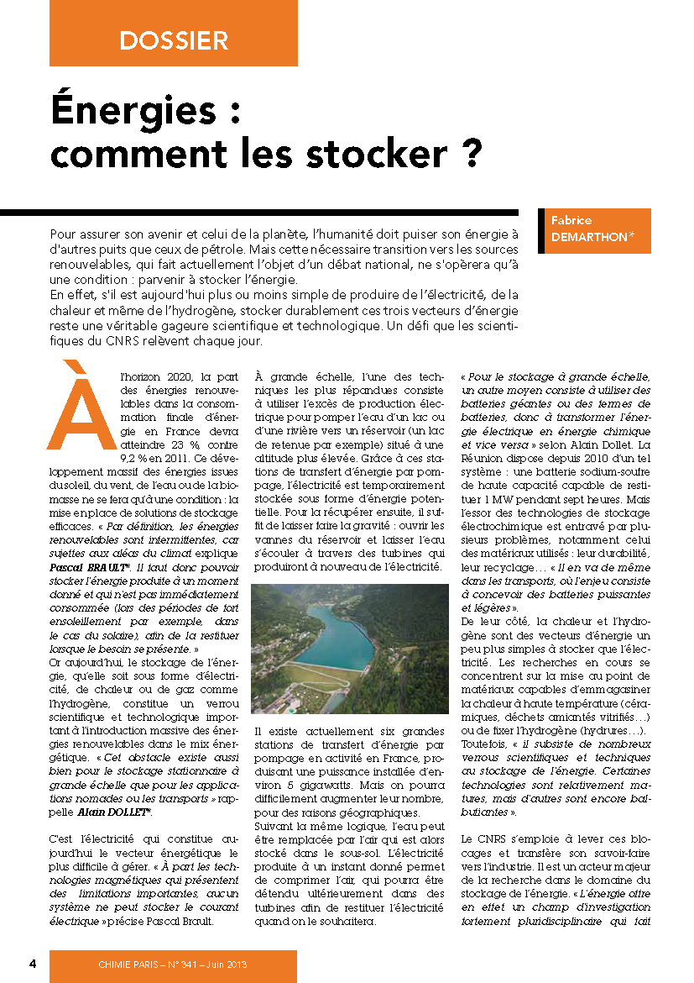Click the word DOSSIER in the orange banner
point(174,39)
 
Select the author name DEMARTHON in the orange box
point(588,237)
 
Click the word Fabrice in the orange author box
point(571,220)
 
